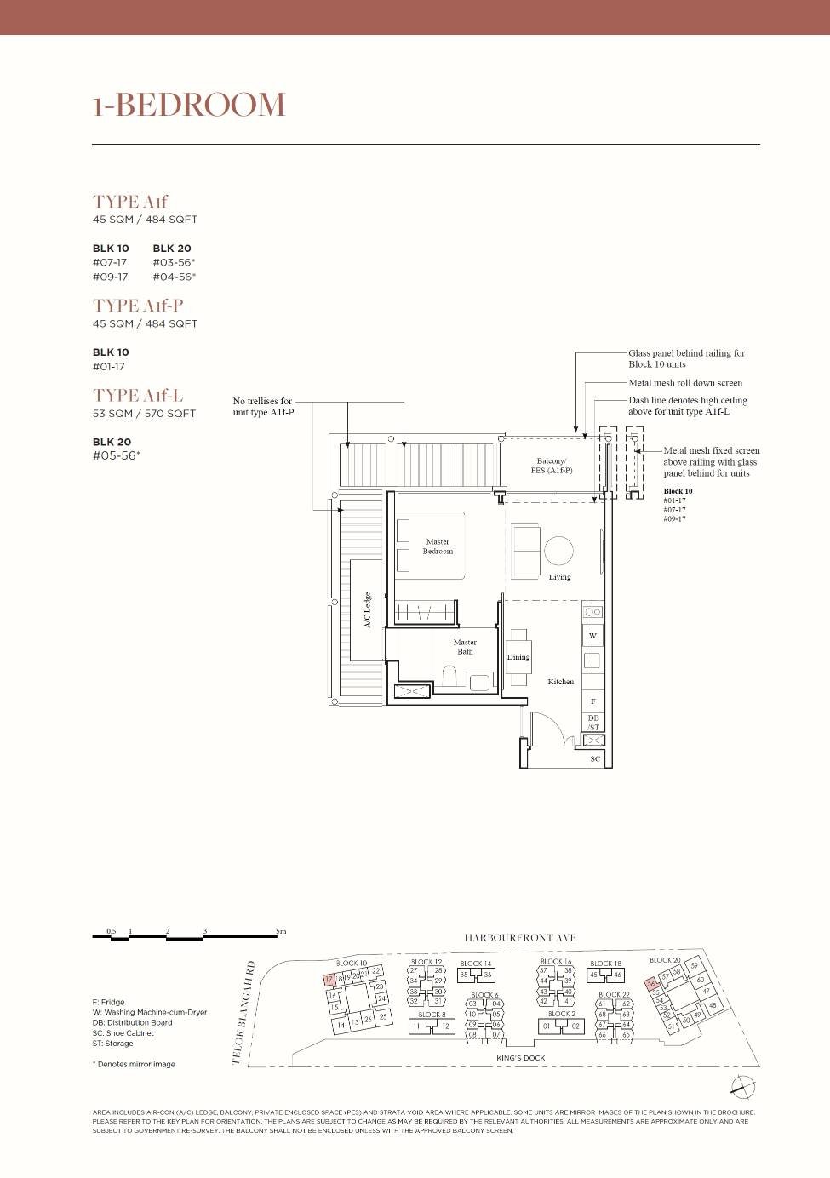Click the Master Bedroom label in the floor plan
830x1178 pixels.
pyautogui.click(x=438, y=546)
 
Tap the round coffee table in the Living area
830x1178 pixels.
pyautogui.click(x=559, y=551)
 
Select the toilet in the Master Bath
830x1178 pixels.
pyautogui.click(x=450, y=678)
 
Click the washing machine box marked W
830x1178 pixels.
pyautogui.click(x=593, y=636)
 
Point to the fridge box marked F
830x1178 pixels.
pyautogui.click(x=593, y=701)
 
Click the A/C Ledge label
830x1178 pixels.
pyautogui.click(x=368, y=609)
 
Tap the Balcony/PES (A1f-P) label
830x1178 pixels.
pyautogui.click(x=551, y=466)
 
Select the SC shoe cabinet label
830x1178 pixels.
pyautogui.click(x=595, y=758)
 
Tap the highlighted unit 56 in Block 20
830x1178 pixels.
pyautogui.click(x=651, y=984)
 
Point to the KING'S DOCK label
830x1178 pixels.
pyautogui.click(x=520, y=1058)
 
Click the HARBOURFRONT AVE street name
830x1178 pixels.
pyautogui.click(x=519, y=937)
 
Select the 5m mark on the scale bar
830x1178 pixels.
pyautogui.click(x=281, y=932)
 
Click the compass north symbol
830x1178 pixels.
pyautogui.click(x=742, y=1085)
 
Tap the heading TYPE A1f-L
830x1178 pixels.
pyautogui.click(x=138, y=395)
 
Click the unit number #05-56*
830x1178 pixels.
pyautogui.click(x=116, y=455)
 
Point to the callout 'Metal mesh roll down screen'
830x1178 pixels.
pyautogui.click(x=684, y=383)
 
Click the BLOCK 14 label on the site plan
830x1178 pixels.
pyautogui.click(x=476, y=964)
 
